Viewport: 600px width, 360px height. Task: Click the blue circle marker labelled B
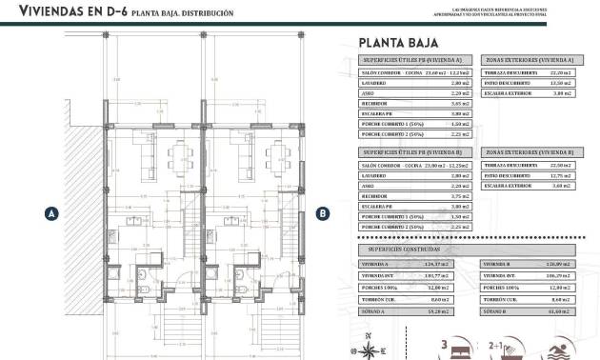point(323,214)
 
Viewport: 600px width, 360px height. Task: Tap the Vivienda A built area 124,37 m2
point(439,264)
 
